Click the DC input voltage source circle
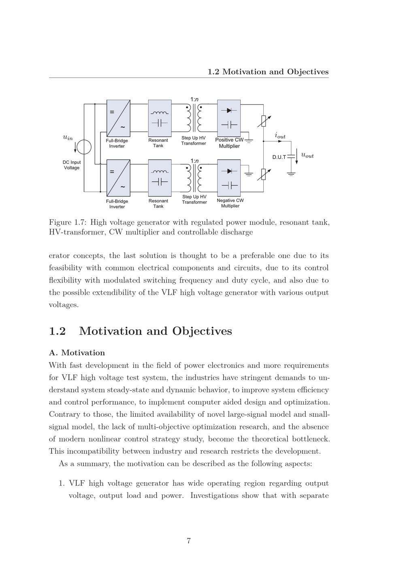[x=84, y=146]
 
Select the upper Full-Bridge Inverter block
[x=118, y=118]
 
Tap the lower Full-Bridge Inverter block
[x=118, y=178]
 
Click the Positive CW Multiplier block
[x=229, y=118]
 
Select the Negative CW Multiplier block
[x=229, y=178]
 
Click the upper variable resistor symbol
[x=264, y=120]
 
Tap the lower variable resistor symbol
[x=264, y=174]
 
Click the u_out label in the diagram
[x=307, y=156]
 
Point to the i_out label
[x=280, y=135]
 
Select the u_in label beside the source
[x=68, y=137]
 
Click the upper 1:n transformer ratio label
[x=194, y=99]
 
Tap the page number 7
[x=189, y=541]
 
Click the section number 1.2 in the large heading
[x=57, y=331]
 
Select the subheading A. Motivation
[x=77, y=353]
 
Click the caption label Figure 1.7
[x=67, y=222]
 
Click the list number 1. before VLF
[x=62, y=483]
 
